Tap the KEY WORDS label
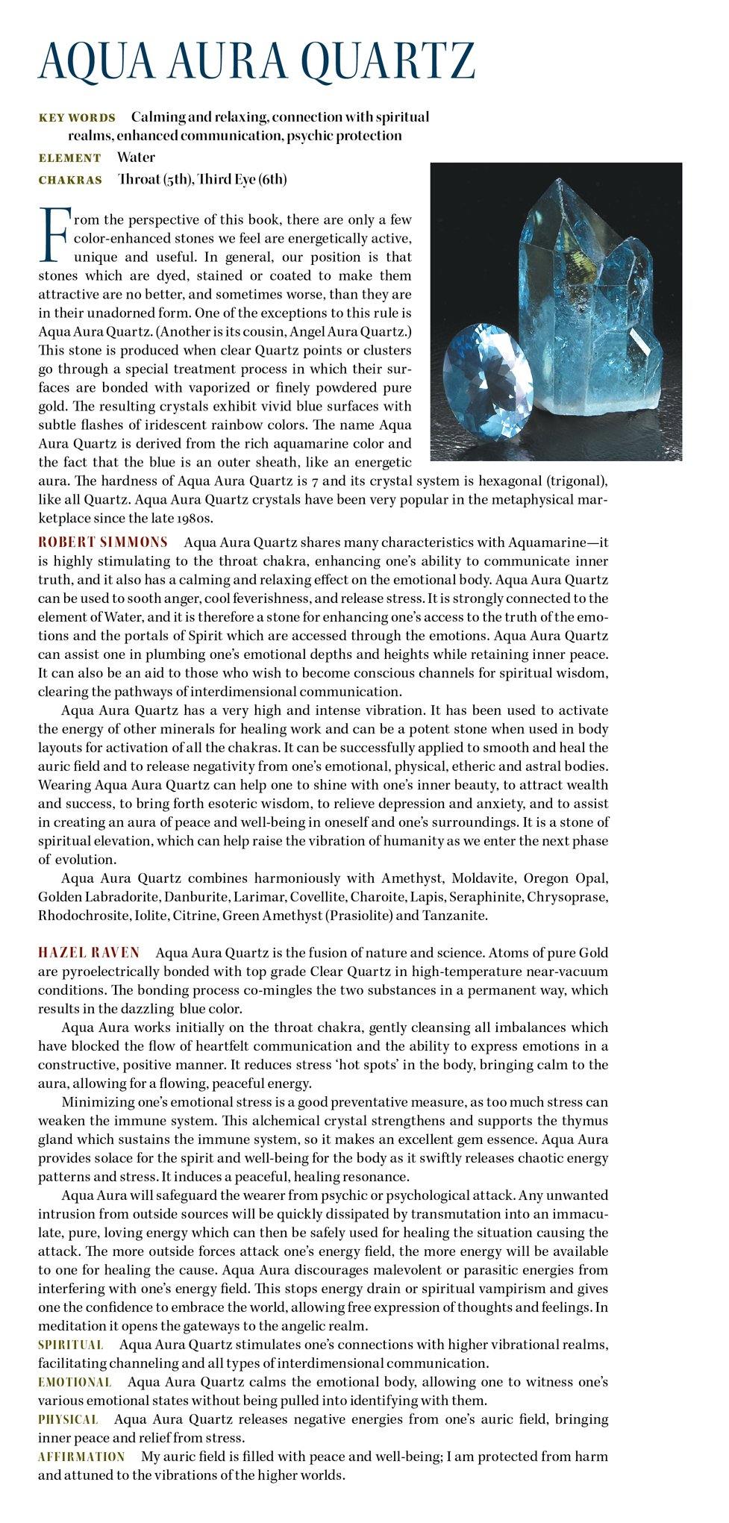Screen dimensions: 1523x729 pyautogui.click(x=77, y=118)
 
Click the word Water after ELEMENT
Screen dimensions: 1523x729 pyautogui.click(x=136, y=157)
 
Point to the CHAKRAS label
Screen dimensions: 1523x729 pyautogui.click(x=70, y=181)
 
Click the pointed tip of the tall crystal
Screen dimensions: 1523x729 pyautogui.click(x=557, y=183)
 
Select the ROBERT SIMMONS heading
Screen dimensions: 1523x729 pyautogui.click(x=103, y=542)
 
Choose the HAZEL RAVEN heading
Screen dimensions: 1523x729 pyautogui.click(x=89, y=953)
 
